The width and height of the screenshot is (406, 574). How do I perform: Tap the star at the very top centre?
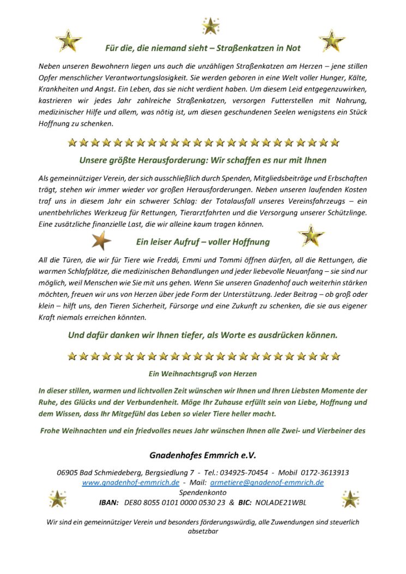[210, 26]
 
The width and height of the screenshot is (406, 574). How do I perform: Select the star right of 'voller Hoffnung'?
[311, 235]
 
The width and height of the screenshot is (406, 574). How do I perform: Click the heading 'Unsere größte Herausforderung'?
[203, 160]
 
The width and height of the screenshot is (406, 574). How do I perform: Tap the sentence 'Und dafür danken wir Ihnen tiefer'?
[203, 335]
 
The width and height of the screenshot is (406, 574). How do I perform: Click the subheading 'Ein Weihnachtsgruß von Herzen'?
[203, 374]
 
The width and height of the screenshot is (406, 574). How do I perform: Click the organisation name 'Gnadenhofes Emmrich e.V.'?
[203, 455]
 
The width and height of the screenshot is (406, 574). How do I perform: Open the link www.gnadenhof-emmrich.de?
[131, 483]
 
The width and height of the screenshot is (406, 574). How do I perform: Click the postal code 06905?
[67, 473]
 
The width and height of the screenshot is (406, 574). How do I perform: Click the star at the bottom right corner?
[349, 498]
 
